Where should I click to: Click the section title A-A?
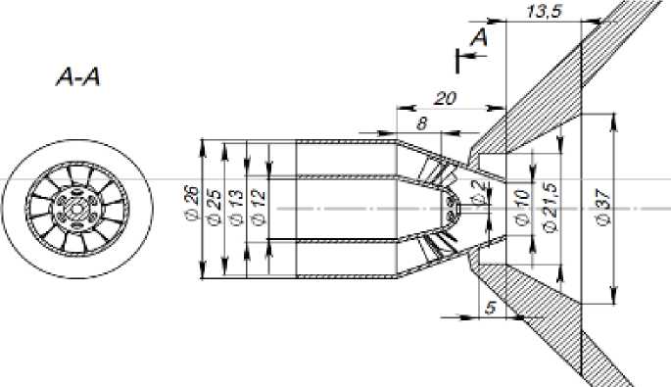(78, 78)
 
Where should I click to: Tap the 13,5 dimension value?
(544, 11)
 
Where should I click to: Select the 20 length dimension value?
(445, 99)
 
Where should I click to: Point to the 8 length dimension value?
(422, 123)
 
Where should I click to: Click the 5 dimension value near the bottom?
(491, 308)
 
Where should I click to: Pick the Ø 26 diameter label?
(192, 203)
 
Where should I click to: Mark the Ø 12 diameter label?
(259, 207)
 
